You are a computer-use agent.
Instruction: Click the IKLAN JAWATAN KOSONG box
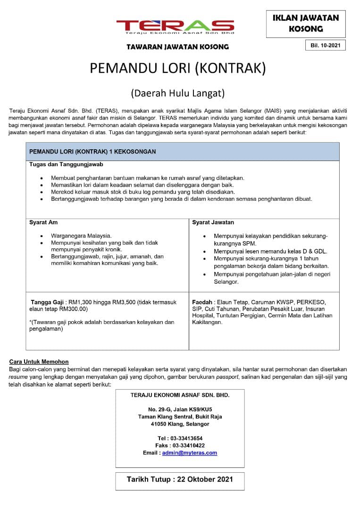point(306,24)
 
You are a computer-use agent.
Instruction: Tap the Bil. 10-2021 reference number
point(325,45)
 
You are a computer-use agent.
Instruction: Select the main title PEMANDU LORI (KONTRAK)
point(178,68)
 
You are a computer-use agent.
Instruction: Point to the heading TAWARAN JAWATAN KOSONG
point(177,47)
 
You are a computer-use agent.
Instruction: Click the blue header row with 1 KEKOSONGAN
point(183,152)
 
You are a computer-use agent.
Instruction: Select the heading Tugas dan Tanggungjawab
point(66,164)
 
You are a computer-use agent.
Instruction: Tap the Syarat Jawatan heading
point(213,222)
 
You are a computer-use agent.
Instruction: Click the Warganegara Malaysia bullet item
point(81,235)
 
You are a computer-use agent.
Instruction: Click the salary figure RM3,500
point(124,302)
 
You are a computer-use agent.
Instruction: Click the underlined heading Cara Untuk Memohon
point(39,362)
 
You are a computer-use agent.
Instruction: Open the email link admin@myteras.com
point(189,452)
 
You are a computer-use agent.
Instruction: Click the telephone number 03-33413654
point(186,438)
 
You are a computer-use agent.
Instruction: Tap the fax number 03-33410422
point(188,445)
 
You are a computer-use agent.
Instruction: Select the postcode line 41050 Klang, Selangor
point(180,424)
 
